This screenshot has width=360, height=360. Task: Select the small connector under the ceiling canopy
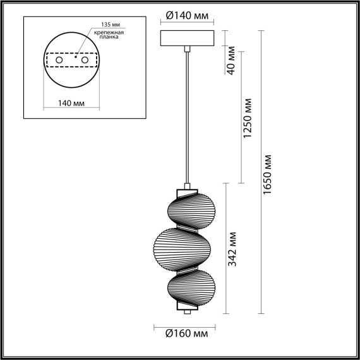point(187,48)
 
